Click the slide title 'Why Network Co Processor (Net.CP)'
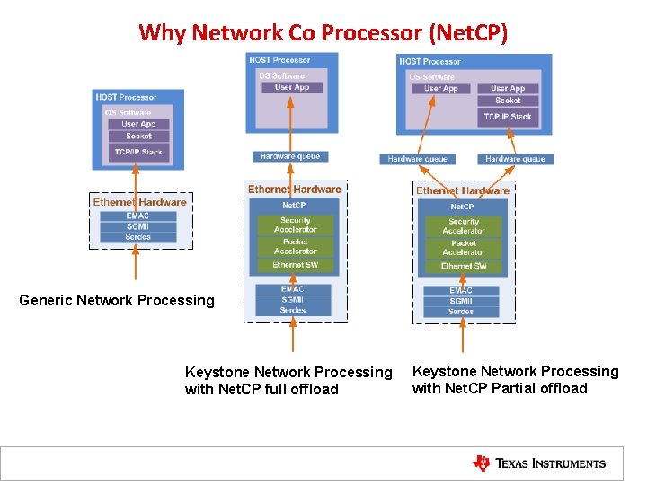pyautogui.click(x=323, y=33)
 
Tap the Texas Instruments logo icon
pyautogui.click(x=482, y=463)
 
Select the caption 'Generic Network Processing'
pyautogui.click(x=117, y=301)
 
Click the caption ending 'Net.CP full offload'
pyautogui.click(x=288, y=381)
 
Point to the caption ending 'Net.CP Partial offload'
pyautogui.click(x=515, y=380)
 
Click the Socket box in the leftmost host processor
pyautogui.click(x=138, y=137)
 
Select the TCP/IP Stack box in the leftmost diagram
pyautogui.click(x=138, y=152)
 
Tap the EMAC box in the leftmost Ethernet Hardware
pyautogui.click(x=137, y=216)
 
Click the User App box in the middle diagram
pyautogui.click(x=291, y=87)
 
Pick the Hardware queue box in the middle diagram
pyautogui.click(x=290, y=156)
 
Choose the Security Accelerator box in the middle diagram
pyautogui.click(x=295, y=225)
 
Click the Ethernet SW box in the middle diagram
pyautogui.click(x=295, y=265)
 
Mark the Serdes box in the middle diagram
pyautogui.click(x=293, y=311)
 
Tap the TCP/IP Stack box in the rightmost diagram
pyautogui.click(x=508, y=116)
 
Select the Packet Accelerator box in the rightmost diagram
pyautogui.click(x=464, y=248)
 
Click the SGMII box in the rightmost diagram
pyautogui.click(x=461, y=301)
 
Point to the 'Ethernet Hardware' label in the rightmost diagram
pyautogui.click(x=462, y=190)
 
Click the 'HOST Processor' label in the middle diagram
pyautogui.click(x=279, y=59)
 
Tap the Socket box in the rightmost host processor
pyautogui.click(x=508, y=101)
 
